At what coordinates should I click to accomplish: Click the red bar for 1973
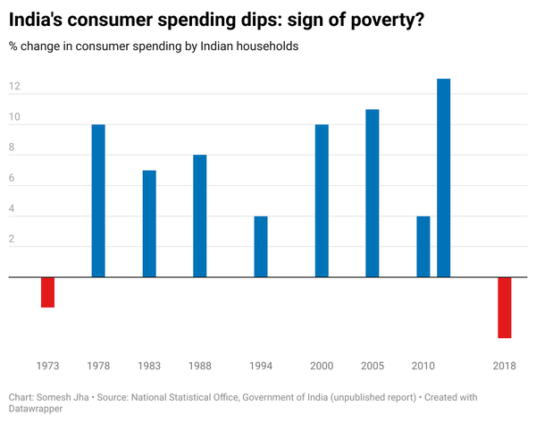[48, 292]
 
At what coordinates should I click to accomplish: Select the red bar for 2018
[505, 308]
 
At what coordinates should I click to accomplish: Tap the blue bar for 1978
[98, 201]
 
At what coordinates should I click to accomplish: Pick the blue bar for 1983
[149, 224]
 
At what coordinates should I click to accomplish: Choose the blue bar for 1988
[200, 216]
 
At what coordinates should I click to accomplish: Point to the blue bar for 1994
[261, 247]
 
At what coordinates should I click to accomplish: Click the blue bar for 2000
[322, 201]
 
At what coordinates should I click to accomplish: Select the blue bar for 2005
[373, 193]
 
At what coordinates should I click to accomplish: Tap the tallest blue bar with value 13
[444, 178]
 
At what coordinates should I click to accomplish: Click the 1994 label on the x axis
[261, 366]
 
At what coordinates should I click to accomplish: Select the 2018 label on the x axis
[505, 366]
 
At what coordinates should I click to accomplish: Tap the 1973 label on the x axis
[48, 366]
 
